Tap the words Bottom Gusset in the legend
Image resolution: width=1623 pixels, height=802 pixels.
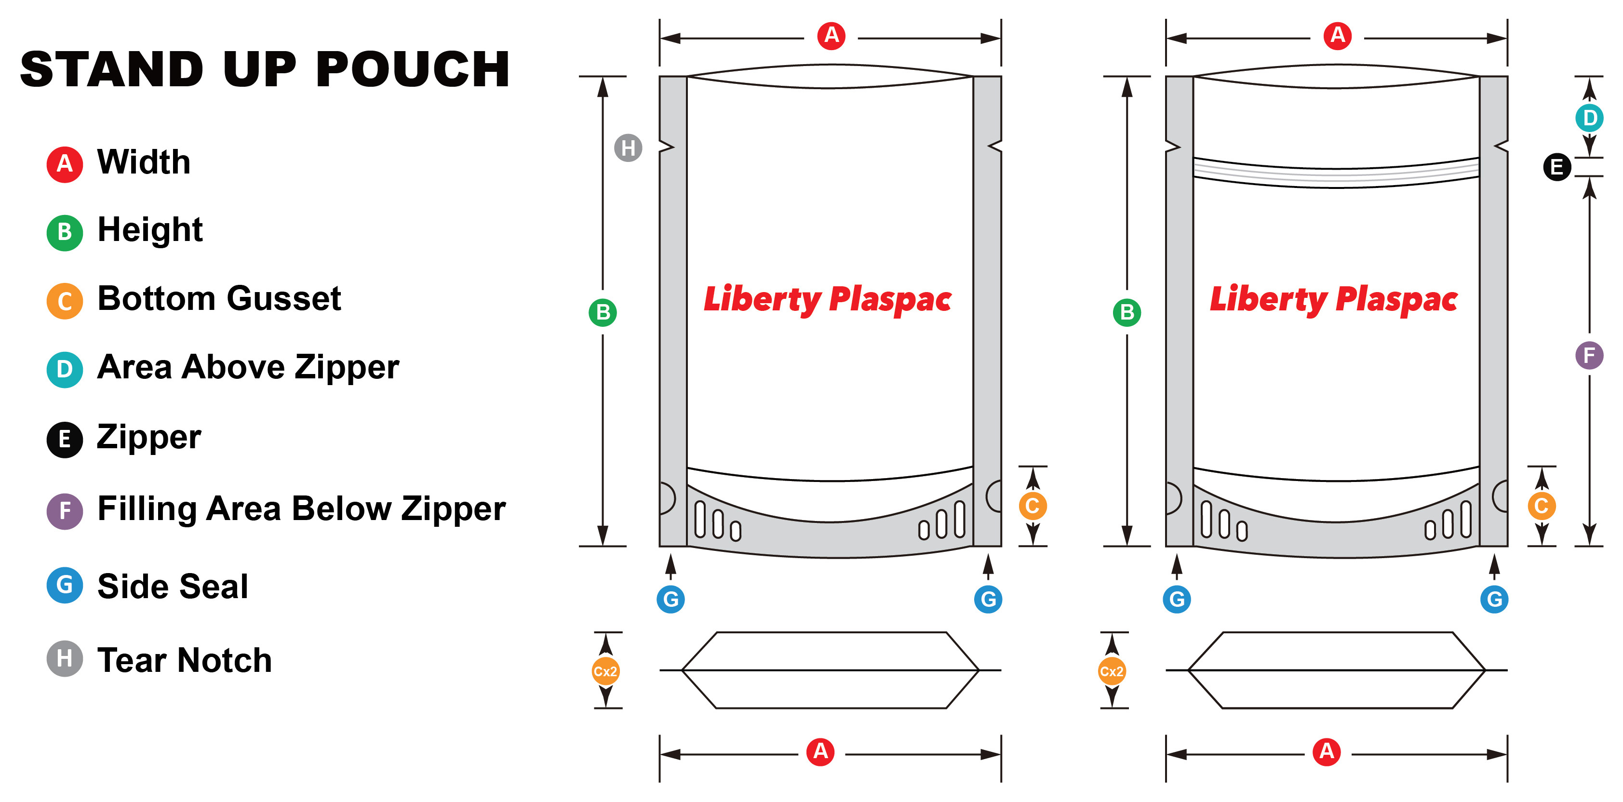tap(219, 299)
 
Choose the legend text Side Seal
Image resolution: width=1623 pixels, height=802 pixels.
tap(173, 587)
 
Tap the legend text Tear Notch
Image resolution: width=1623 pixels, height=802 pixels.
tap(184, 660)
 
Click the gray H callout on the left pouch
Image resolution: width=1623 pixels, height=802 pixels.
tap(628, 148)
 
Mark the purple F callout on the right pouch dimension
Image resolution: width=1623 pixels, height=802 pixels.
tap(1588, 355)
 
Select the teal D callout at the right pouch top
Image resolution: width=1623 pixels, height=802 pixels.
tap(1589, 118)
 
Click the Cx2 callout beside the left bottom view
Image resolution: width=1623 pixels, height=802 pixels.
tap(605, 671)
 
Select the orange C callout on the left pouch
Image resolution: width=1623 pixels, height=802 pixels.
tap(1032, 506)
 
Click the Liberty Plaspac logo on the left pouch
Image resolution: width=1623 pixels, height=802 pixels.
tap(827, 299)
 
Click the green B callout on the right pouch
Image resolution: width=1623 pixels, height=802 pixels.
tap(1127, 312)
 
